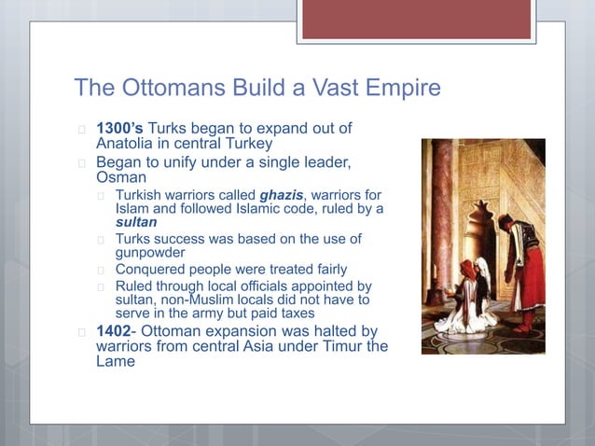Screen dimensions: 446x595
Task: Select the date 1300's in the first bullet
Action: (x=120, y=127)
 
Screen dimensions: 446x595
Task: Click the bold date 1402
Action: (x=116, y=332)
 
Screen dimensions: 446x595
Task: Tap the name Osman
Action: (x=122, y=176)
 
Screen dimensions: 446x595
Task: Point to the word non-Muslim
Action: (x=208, y=300)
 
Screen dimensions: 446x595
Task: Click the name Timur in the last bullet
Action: (x=339, y=347)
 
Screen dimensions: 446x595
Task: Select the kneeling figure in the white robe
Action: (x=470, y=299)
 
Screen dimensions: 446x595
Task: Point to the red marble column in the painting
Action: (x=441, y=224)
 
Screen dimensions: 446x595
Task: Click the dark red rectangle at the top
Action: (x=416, y=19)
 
